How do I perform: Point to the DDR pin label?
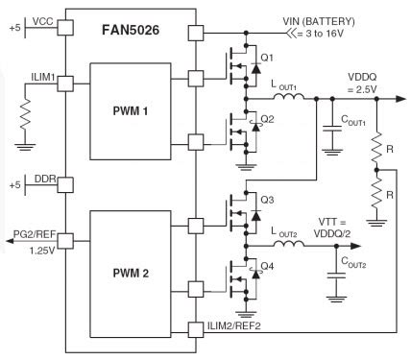pos(44,180)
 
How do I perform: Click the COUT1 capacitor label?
pos(353,122)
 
